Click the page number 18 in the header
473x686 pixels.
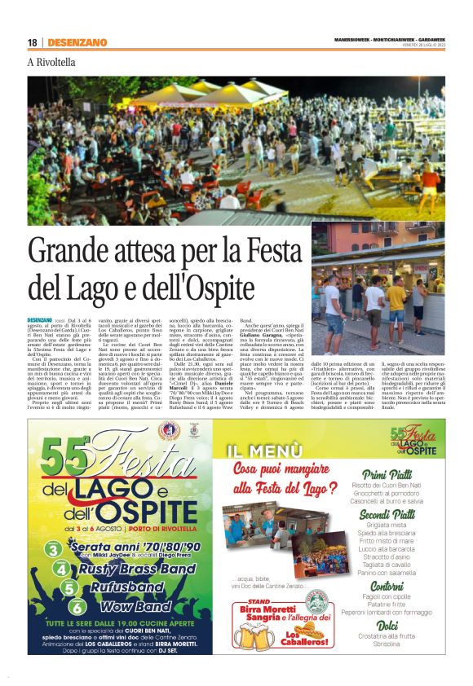32,42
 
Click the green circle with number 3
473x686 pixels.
52,549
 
